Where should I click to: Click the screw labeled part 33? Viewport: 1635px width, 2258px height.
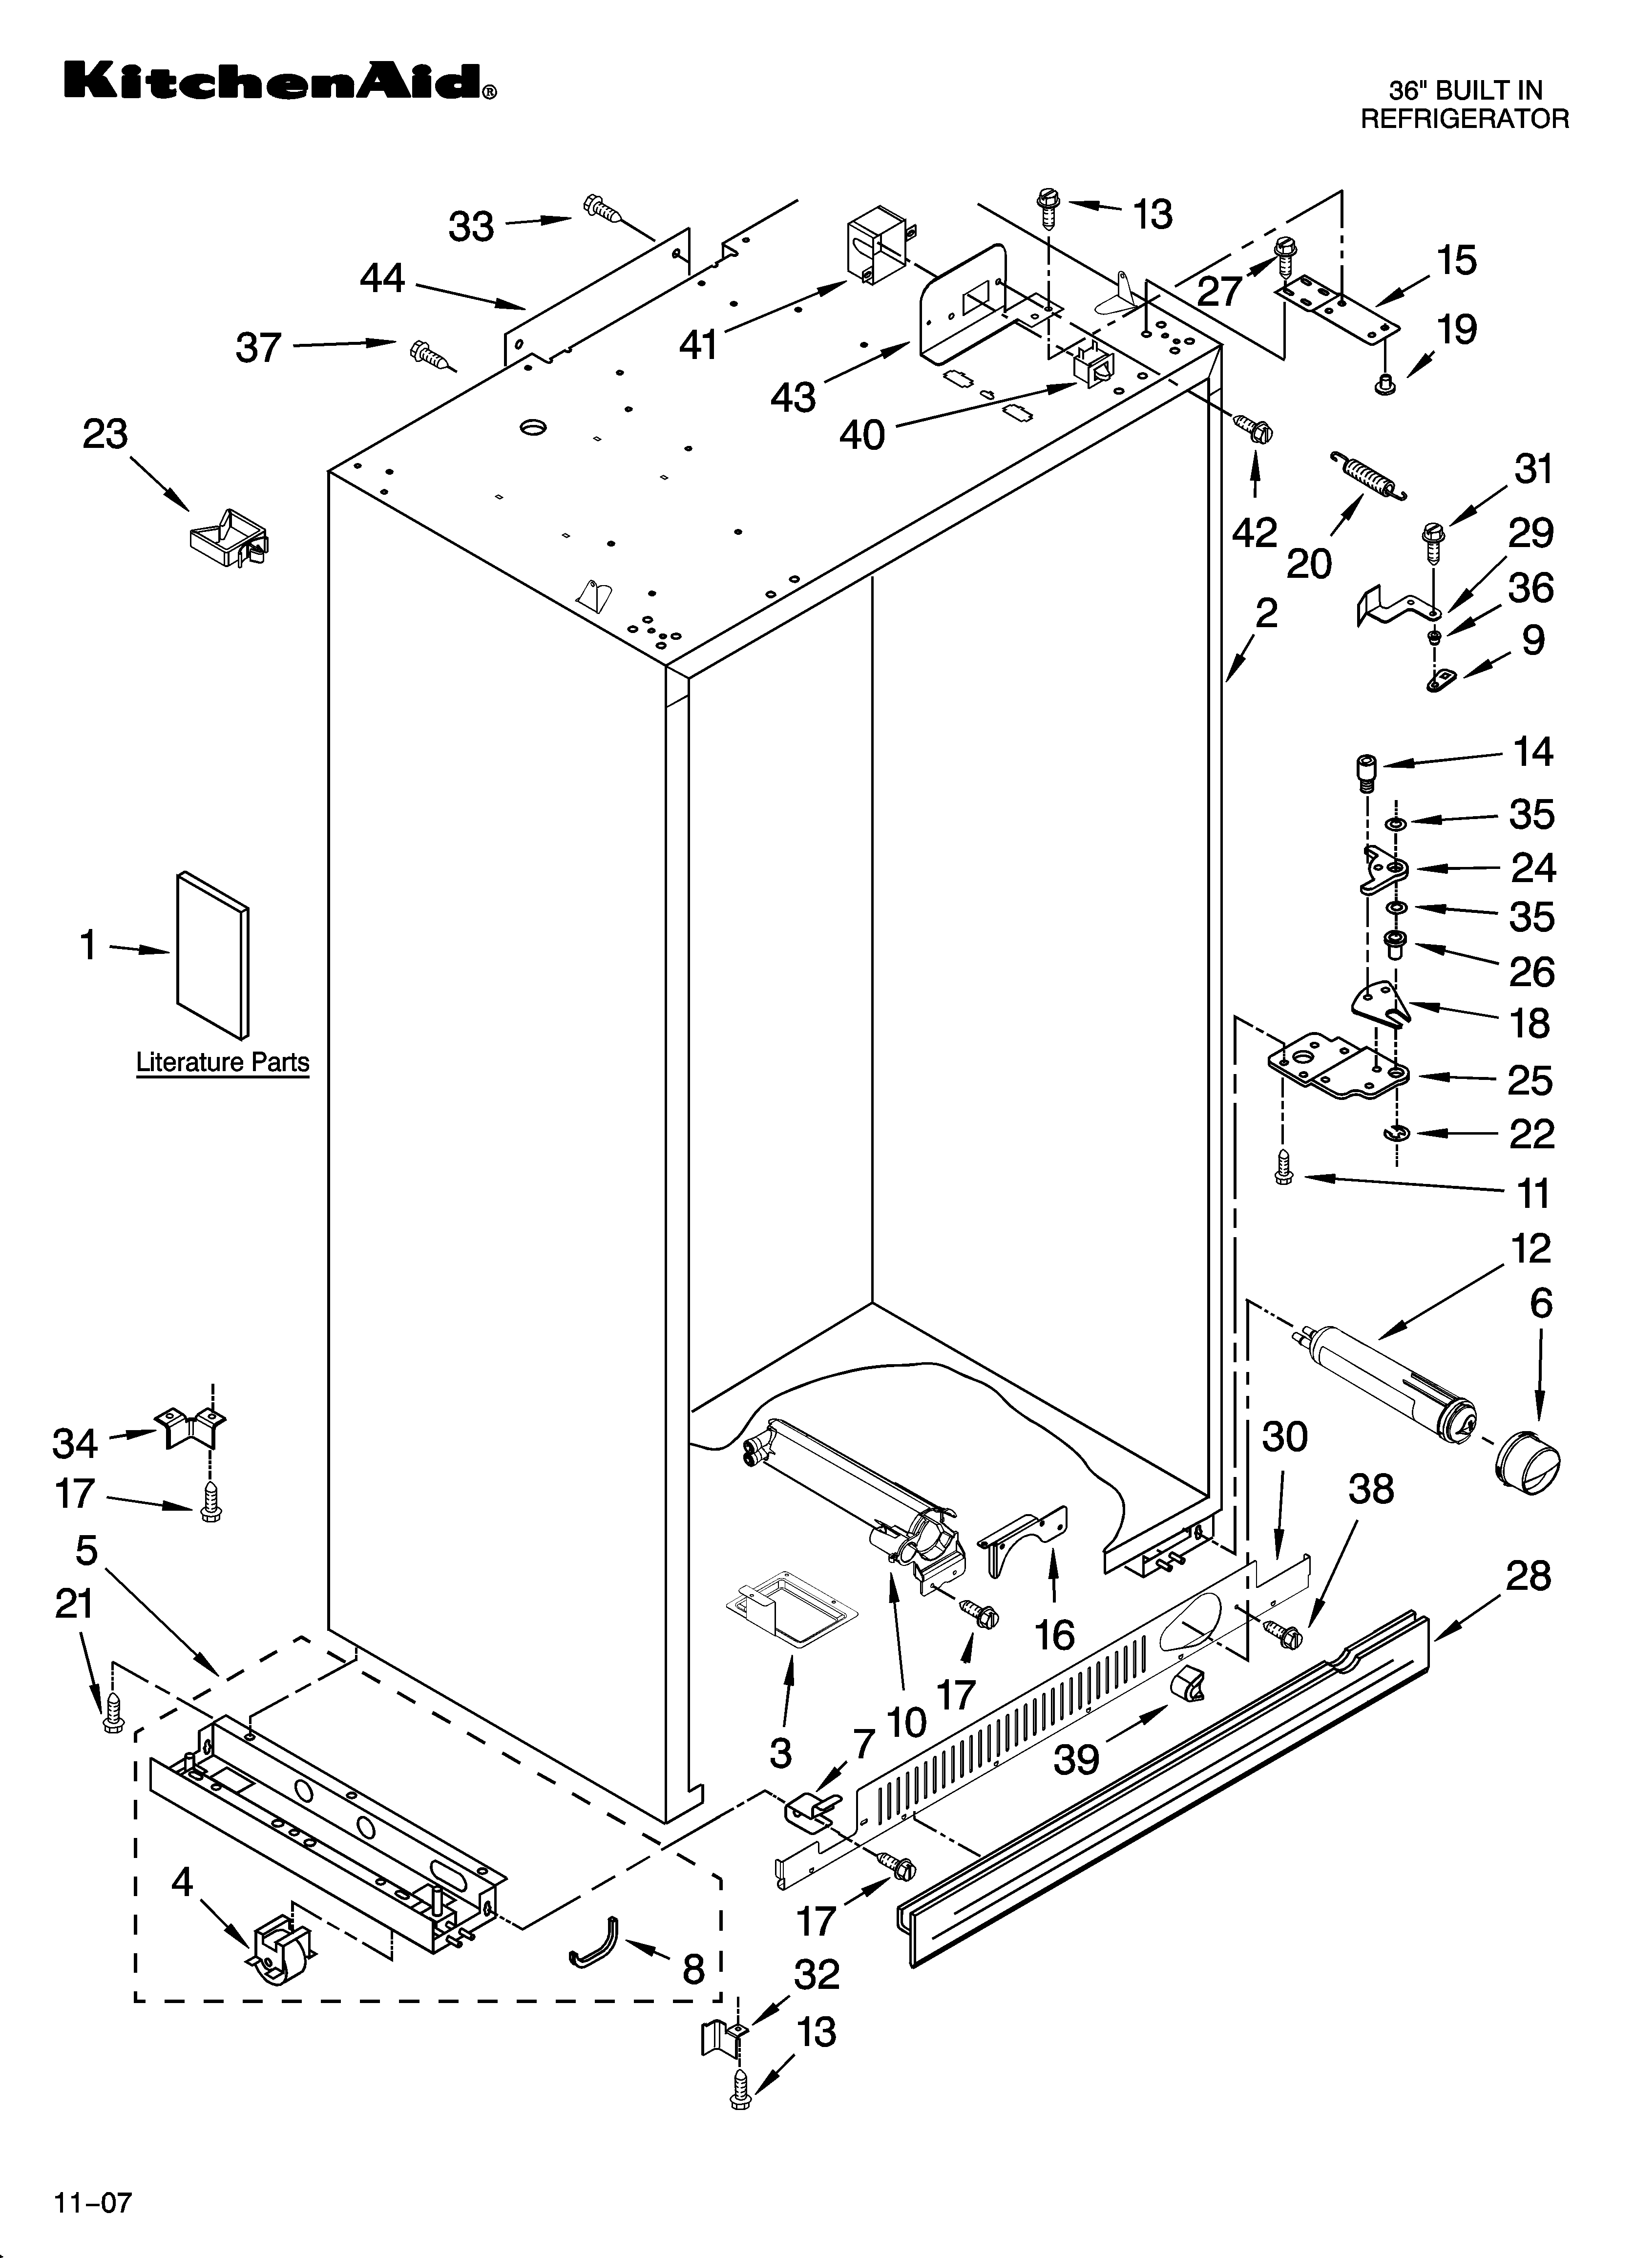(x=603, y=209)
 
